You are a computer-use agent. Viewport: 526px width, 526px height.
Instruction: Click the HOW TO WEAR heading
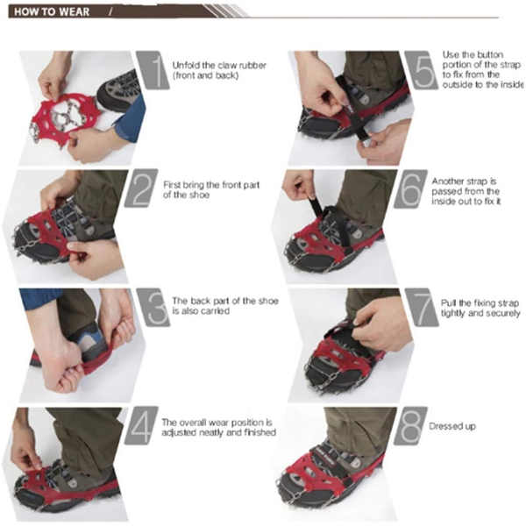coord(52,12)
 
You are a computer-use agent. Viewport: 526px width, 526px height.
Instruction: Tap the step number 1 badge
coord(153,70)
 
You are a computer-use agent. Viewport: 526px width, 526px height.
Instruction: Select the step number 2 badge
coord(141,188)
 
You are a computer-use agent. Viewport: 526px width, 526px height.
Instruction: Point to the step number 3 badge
coord(153,308)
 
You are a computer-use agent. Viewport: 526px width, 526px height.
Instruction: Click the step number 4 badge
coord(141,426)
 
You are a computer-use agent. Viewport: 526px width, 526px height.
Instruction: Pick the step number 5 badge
coord(422,70)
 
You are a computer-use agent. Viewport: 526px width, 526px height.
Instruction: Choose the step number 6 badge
coord(410,188)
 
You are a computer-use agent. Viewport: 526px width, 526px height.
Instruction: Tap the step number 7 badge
coord(422,308)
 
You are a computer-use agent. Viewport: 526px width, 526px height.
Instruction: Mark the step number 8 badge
coord(410,426)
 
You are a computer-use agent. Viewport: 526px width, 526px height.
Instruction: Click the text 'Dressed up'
coord(452,426)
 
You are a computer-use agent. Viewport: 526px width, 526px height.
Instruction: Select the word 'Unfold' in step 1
coord(186,65)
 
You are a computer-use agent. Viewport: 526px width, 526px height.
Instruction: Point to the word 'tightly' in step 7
coord(454,313)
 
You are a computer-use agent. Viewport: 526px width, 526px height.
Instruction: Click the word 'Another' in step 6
coord(446,181)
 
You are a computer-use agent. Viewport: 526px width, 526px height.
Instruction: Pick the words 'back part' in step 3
coord(214,301)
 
